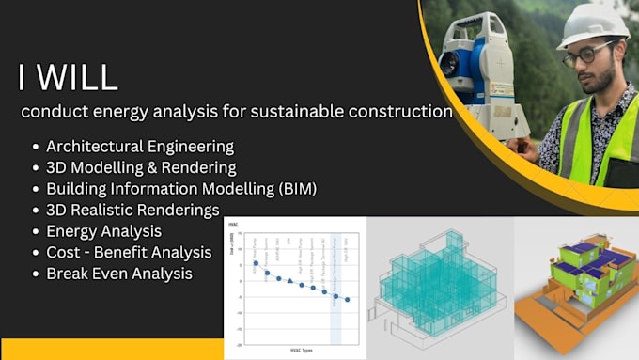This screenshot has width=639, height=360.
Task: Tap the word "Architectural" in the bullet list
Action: coord(92,147)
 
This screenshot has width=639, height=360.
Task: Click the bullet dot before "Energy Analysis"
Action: coord(36,231)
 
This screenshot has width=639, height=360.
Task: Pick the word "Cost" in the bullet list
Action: coord(63,252)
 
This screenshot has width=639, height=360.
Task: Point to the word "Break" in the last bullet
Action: coord(67,274)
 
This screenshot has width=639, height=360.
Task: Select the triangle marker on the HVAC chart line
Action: coord(290,281)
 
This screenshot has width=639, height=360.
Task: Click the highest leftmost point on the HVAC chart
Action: coord(255,263)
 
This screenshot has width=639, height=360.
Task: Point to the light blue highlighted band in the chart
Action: coord(335,282)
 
